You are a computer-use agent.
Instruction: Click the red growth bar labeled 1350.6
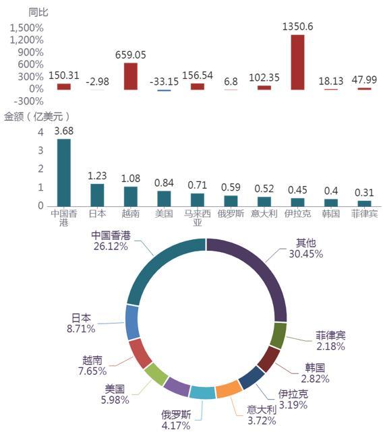point(297,62)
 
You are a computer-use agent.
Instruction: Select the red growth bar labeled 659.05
point(131,76)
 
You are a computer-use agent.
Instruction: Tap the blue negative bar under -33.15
point(164,90)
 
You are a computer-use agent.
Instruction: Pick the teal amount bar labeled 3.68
point(64,173)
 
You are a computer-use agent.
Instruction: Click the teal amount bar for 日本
point(97,195)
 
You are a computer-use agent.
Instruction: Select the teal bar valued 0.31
point(364,204)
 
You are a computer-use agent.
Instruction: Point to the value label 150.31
point(64,75)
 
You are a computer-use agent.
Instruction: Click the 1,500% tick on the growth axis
point(27,28)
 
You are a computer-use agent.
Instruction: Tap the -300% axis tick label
point(29,101)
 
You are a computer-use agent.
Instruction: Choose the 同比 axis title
point(38,12)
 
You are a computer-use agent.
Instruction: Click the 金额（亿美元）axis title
point(36,117)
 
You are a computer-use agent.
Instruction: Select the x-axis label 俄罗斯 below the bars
point(231,214)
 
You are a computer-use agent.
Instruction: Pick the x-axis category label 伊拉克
point(297,214)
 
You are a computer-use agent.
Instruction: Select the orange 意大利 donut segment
point(229,390)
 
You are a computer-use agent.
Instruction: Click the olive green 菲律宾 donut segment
point(278,336)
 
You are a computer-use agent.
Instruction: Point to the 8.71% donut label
point(81,329)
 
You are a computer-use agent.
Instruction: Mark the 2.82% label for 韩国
point(315,379)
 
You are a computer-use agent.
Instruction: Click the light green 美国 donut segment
point(156,374)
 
